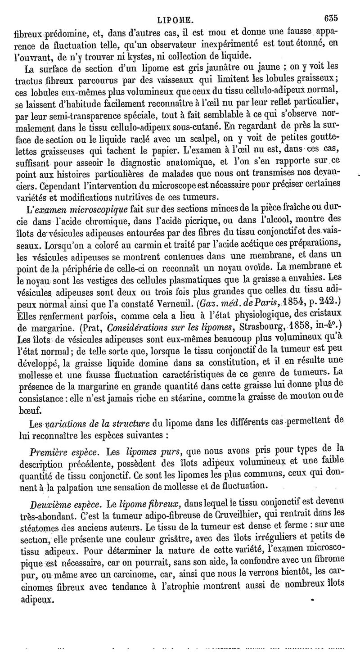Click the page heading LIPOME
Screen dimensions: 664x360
(175, 19)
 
